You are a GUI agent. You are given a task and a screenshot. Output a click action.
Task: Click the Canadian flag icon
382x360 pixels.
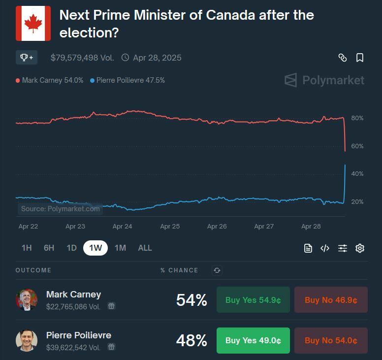coord(33,23)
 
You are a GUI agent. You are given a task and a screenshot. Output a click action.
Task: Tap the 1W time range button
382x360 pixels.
coord(95,248)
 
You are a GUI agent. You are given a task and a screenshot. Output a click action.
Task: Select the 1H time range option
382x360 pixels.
coord(27,248)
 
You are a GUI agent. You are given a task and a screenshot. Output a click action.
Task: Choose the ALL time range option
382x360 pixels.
coord(145,248)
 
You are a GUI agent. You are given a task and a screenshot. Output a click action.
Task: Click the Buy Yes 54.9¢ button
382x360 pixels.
coord(253,300)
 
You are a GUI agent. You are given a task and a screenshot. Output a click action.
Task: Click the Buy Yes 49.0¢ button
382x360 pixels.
coord(253,340)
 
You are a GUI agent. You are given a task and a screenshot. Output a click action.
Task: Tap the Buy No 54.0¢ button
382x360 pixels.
coord(331,340)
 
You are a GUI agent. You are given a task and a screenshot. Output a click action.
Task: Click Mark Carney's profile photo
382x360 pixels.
coord(27,300)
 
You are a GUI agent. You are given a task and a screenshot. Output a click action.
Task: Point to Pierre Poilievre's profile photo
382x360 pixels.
coord(27,340)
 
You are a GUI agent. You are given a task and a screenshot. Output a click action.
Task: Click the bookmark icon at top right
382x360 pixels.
coord(360,58)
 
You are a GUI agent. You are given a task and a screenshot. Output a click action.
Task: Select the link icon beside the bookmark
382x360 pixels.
coord(343,58)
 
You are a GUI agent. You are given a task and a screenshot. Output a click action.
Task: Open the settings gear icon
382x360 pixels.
coord(360,248)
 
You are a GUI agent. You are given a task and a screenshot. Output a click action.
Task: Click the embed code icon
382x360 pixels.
coord(325,248)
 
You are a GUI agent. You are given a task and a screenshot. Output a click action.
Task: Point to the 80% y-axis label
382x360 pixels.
coord(357,118)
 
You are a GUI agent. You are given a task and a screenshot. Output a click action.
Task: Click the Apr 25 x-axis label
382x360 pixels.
coord(169,227)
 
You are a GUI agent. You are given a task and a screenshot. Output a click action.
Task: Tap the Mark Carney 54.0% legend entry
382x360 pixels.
coord(50,80)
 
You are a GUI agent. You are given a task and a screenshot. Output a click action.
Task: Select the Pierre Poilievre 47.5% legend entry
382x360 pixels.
coord(127,80)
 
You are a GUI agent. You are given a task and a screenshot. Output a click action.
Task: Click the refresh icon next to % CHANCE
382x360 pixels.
coord(217,270)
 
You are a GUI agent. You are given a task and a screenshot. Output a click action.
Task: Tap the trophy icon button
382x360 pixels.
coord(27,58)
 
